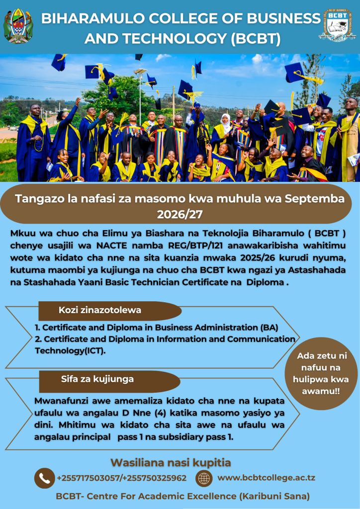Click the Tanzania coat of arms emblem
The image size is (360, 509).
(x=18, y=26)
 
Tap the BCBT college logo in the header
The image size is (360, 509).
(x=336, y=25)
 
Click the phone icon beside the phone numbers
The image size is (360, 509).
(x=44, y=478)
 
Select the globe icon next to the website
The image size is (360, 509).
(x=204, y=478)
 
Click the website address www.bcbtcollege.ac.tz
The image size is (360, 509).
(x=266, y=478)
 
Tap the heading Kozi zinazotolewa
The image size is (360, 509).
(x=99, y=310)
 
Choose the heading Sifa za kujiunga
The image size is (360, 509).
(x=97, y=379)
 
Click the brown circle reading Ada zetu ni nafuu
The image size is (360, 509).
(x=321, y=373)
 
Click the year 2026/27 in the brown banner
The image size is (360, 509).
(x=180, y=214)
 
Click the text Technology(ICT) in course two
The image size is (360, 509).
(x=70, y=351)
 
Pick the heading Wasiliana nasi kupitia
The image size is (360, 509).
(x=171, y=463)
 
